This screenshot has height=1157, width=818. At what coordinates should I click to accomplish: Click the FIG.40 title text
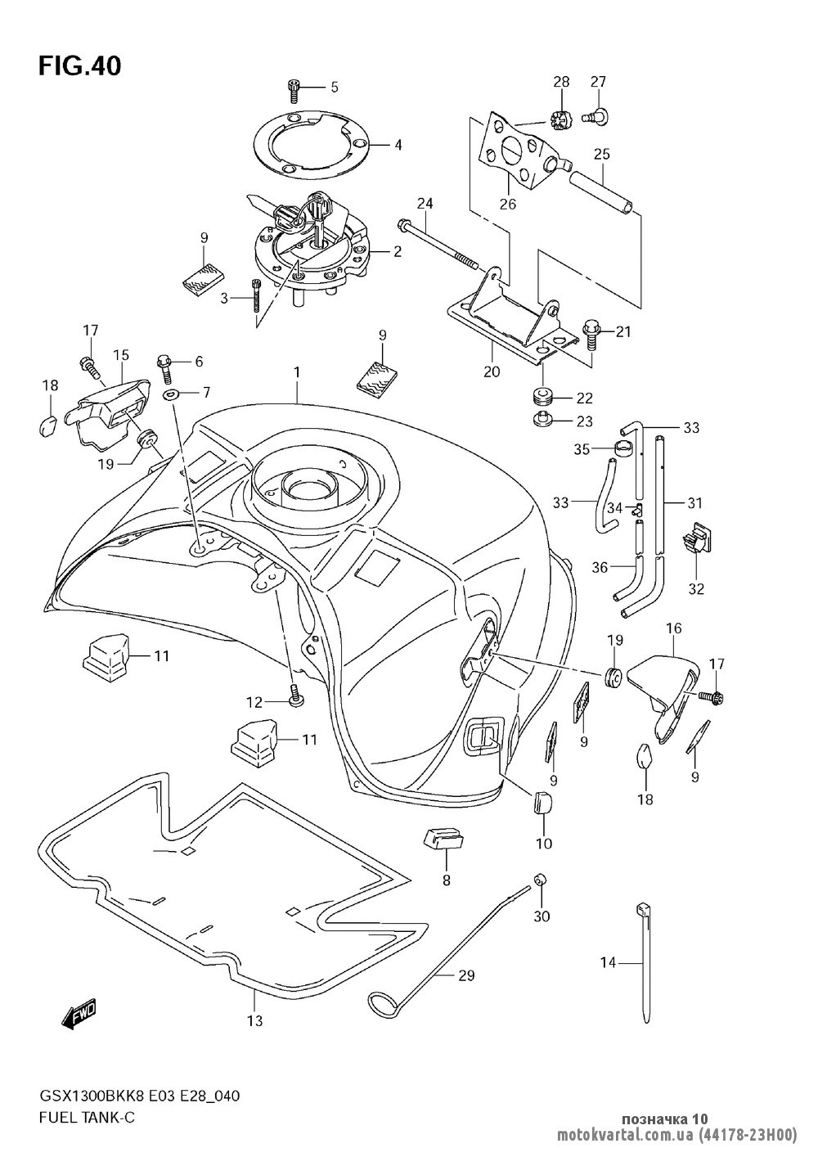pyautogui.click(x=79, y=66)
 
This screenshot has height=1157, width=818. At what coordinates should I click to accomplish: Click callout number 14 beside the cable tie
pyautogui.click(x=607, y=963)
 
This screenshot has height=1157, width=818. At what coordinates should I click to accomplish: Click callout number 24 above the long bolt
pyautogui.click(x=425, y=202)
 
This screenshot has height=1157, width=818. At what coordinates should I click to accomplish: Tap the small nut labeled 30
pyautogui.click(x=540, y=880)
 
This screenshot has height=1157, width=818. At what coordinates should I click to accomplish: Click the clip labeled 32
pyautogui.click(x=694, y=538)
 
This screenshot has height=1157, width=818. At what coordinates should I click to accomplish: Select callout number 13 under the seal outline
pyautogui.click(x=254, y=1020)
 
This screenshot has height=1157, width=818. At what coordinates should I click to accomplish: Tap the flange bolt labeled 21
pyautogui.click(x=591, y=331)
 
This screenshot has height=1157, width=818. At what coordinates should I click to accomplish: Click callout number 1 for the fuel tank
pyautogui.click(x=298, y=372)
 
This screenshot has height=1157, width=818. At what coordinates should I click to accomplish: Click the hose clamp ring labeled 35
pyautogui.click(x=626, y=448)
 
